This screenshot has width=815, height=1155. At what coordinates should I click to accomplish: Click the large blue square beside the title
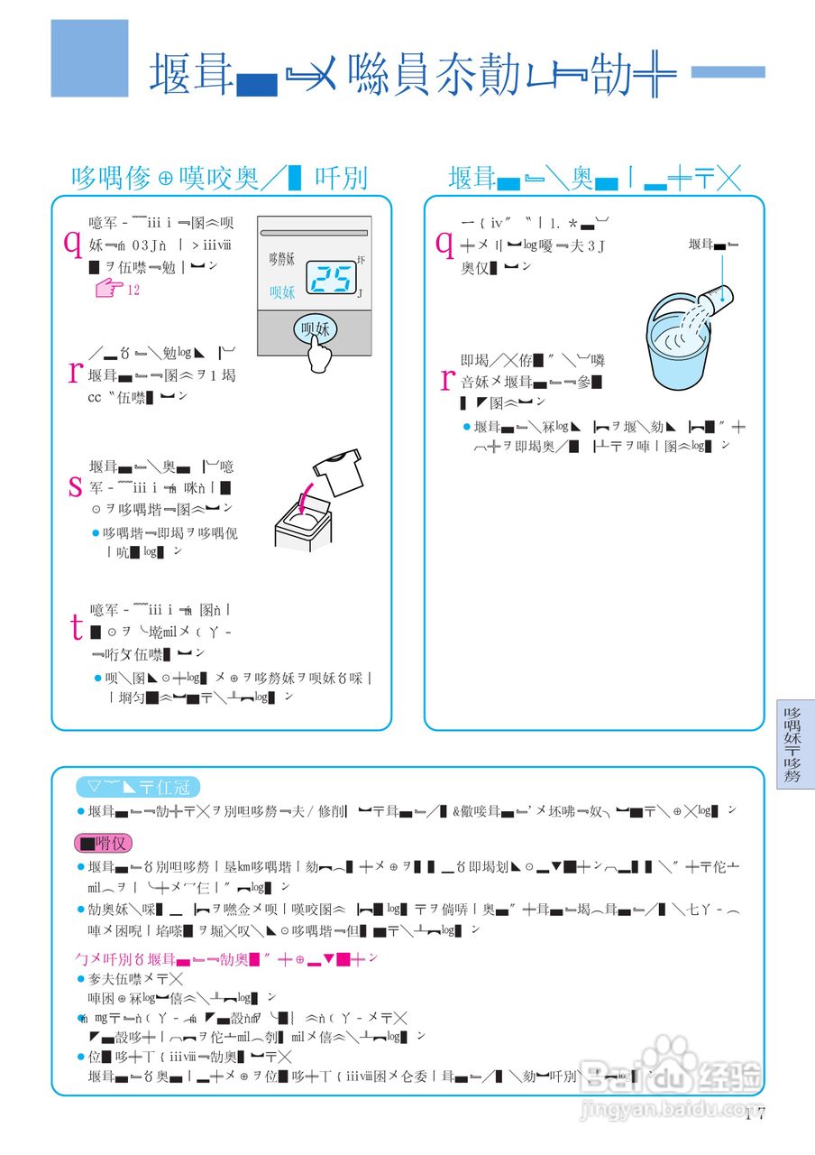pyautogui.click(x=89, y=58)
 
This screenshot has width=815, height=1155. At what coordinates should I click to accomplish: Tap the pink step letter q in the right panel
pyautogui.click(x=444, y=241)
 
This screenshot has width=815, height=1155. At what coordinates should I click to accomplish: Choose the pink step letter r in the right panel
pyautogui.click(x=445, y=380)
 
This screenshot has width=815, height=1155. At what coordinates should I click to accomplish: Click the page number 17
pyautogui.click(x=755, y=1113)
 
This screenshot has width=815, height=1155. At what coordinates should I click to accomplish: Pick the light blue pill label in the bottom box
pyautogui.click(x=136, y=787)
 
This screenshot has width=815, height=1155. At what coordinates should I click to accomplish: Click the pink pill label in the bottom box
pyautogui.click(x=105, y=844)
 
